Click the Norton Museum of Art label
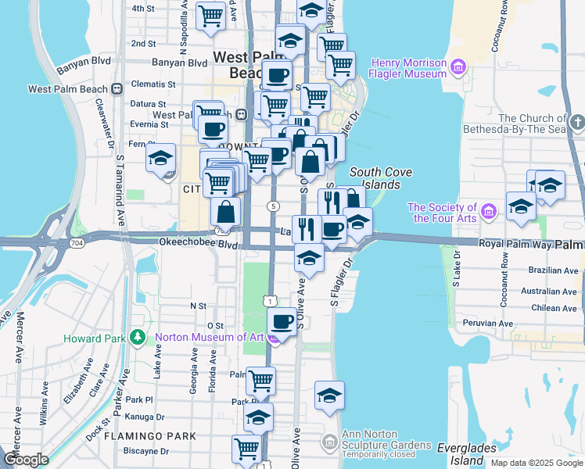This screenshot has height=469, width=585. [209, 338]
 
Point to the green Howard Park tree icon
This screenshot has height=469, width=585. [138, 338]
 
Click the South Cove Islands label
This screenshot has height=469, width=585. [375, 178]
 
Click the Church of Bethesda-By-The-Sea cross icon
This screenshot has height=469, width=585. [577, 123]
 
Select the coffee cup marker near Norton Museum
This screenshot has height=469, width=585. [282, 321]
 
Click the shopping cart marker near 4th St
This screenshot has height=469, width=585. [210, 15]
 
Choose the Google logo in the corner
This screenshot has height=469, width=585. [26, 460]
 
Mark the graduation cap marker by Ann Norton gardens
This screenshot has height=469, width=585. [329, 396]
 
